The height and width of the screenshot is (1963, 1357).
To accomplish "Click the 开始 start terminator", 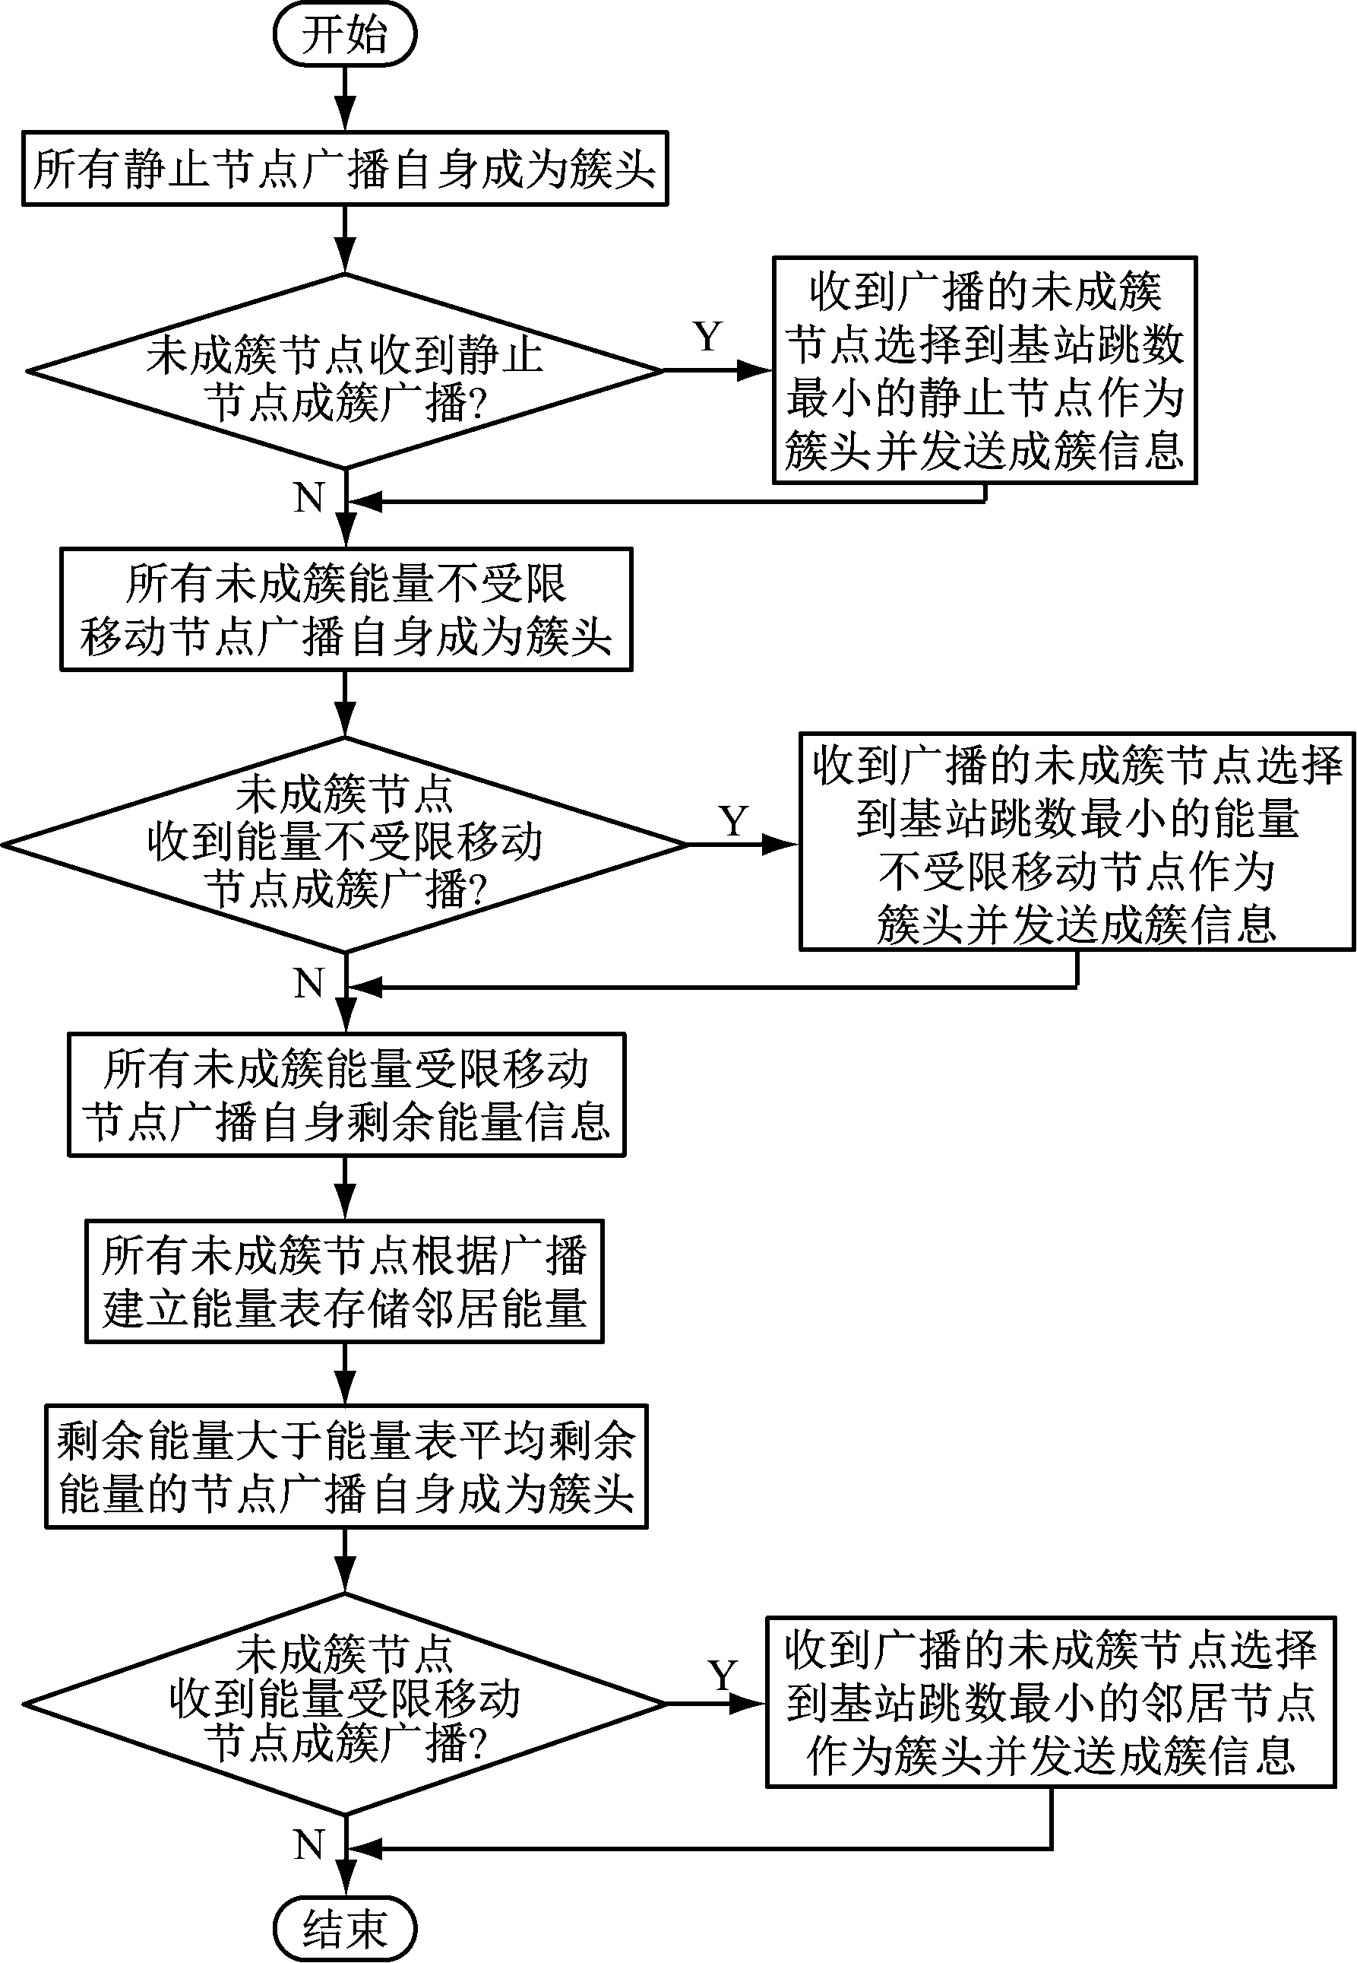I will tap(344, 35).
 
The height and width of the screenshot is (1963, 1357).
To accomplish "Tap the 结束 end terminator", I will tap(344, 1927).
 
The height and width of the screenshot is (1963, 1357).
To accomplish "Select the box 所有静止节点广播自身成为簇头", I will tap(344, 169).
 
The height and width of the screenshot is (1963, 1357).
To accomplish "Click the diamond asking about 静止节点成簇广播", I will tap(344, 372).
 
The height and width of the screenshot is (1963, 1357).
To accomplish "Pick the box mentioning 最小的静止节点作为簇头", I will tap(985, 371).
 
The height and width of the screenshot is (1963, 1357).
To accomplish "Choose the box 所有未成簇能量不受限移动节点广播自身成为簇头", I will tap(346, 610).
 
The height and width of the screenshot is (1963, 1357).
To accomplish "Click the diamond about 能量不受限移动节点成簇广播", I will tap(344, 844).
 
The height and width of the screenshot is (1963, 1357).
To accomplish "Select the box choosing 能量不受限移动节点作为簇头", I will tap(1077, 842).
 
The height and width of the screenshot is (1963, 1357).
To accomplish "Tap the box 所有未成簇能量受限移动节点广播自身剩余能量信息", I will tap(346, 1095).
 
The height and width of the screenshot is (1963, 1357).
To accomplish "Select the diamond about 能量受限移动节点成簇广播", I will tap(344, 1704).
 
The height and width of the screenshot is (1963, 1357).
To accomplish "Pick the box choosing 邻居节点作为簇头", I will tap(1051, 1702).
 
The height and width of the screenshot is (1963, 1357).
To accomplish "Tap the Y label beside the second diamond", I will tap(733, 821).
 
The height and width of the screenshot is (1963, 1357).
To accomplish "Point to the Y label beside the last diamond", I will tap(723, 1676).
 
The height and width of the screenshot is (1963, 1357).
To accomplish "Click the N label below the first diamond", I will tap(309, 497).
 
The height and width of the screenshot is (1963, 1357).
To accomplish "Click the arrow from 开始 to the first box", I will tap(344, 98).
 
